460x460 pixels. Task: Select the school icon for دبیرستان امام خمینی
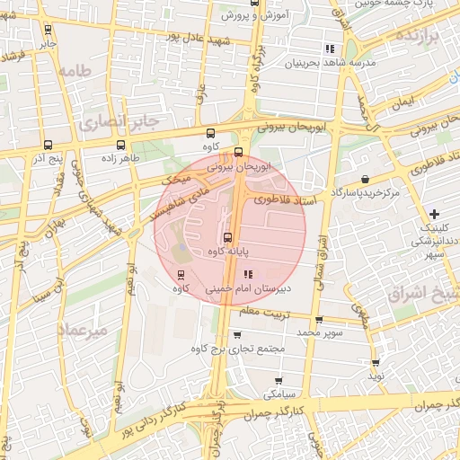pos(249,274)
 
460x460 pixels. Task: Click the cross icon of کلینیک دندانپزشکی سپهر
pos(435,214)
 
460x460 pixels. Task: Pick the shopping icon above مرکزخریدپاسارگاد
pos(364,179)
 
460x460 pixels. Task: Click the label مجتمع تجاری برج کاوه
pos(238,347)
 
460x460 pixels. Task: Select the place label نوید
pos(376,376)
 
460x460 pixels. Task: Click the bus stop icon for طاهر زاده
pos(120,144)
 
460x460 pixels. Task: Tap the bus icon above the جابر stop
pos(47,29)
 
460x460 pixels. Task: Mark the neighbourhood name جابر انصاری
pos(118,120)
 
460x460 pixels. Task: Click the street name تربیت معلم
pos(266,310)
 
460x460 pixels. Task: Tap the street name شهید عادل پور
pos(199,39)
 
